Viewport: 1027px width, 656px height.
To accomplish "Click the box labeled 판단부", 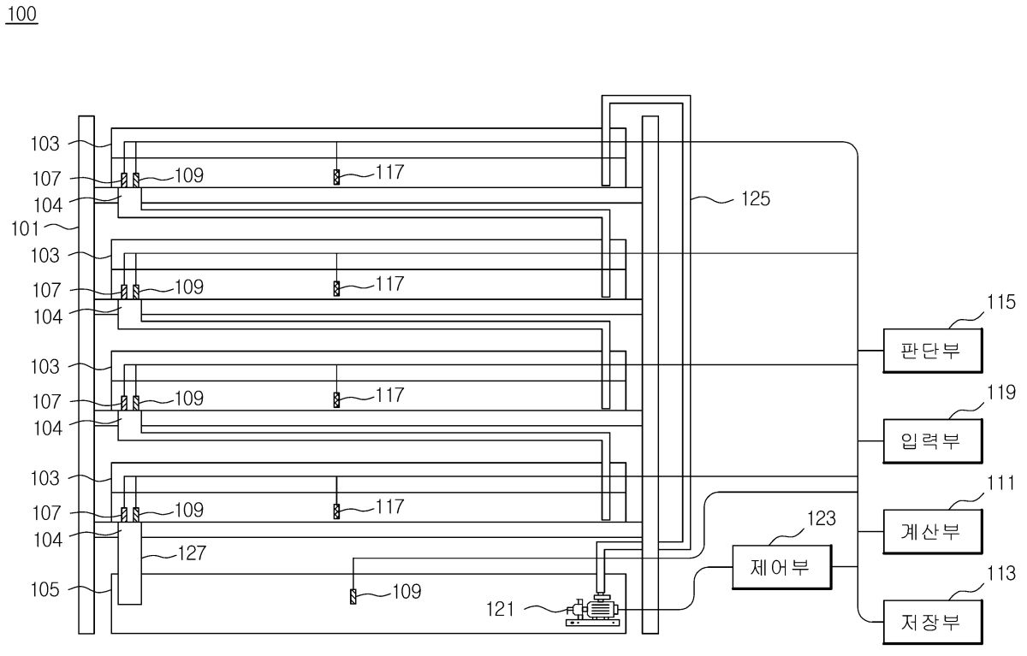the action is coord(933,351).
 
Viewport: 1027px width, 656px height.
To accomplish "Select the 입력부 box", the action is coord(933,440).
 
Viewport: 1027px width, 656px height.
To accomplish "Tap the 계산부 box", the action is coord(933,531).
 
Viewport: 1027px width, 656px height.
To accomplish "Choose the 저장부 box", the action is coord(933,622).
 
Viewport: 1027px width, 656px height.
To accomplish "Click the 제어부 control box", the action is coord(781,567).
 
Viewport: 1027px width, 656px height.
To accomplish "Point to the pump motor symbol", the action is coord(592,610).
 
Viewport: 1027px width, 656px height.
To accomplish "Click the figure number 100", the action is coord(21,14).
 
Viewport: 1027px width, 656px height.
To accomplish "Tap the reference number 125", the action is coord(756,198).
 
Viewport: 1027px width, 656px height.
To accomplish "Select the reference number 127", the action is coord(192,553).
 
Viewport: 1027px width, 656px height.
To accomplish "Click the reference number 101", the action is coord(25,228).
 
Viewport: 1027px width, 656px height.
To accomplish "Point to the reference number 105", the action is coord(45,589).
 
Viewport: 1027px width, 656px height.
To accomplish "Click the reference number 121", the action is coord(500,609).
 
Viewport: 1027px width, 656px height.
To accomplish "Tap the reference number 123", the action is coord(822,518).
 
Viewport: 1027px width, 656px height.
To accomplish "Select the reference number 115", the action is coord(1001,303).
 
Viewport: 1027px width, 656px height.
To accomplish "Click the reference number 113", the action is coord(1001,574).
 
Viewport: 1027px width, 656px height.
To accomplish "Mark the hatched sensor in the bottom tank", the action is coord(353,596).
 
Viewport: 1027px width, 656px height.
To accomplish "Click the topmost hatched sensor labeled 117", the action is coord(336,177).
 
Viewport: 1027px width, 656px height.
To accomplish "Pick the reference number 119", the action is coord(1001,393).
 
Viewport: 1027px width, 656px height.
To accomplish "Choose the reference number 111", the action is coord(1000,483).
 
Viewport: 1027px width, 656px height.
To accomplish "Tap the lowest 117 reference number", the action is coord(389,507).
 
